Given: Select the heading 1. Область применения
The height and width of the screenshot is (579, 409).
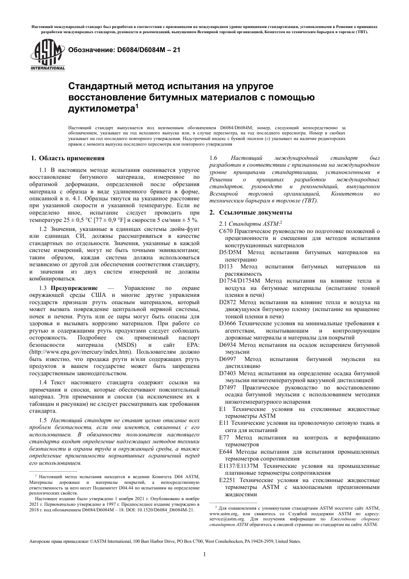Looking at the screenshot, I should click(x=69, y=159).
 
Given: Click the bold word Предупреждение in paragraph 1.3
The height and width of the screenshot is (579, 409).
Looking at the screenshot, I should click(x=74, y=288).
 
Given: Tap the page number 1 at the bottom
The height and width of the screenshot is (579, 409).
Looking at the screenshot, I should click(x=204, y=554).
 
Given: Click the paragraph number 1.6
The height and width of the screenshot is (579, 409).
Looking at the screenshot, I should click(x=213, y=158).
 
